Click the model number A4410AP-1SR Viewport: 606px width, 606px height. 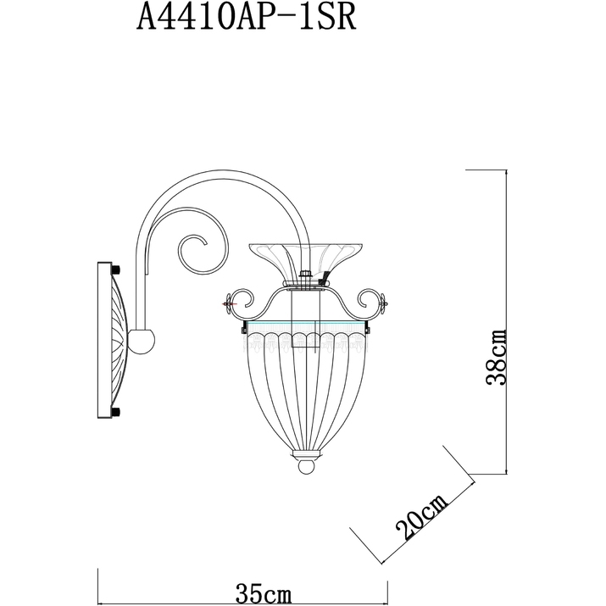pos(246,18)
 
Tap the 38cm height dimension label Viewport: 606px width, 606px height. pos(496,357)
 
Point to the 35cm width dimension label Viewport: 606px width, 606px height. pos(264,593)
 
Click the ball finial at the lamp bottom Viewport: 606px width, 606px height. pos(307,466)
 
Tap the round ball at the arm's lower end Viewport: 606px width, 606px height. pos(142,342)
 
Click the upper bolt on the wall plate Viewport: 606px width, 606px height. pos(116,269)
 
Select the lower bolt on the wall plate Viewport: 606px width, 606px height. pos(116,412)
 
